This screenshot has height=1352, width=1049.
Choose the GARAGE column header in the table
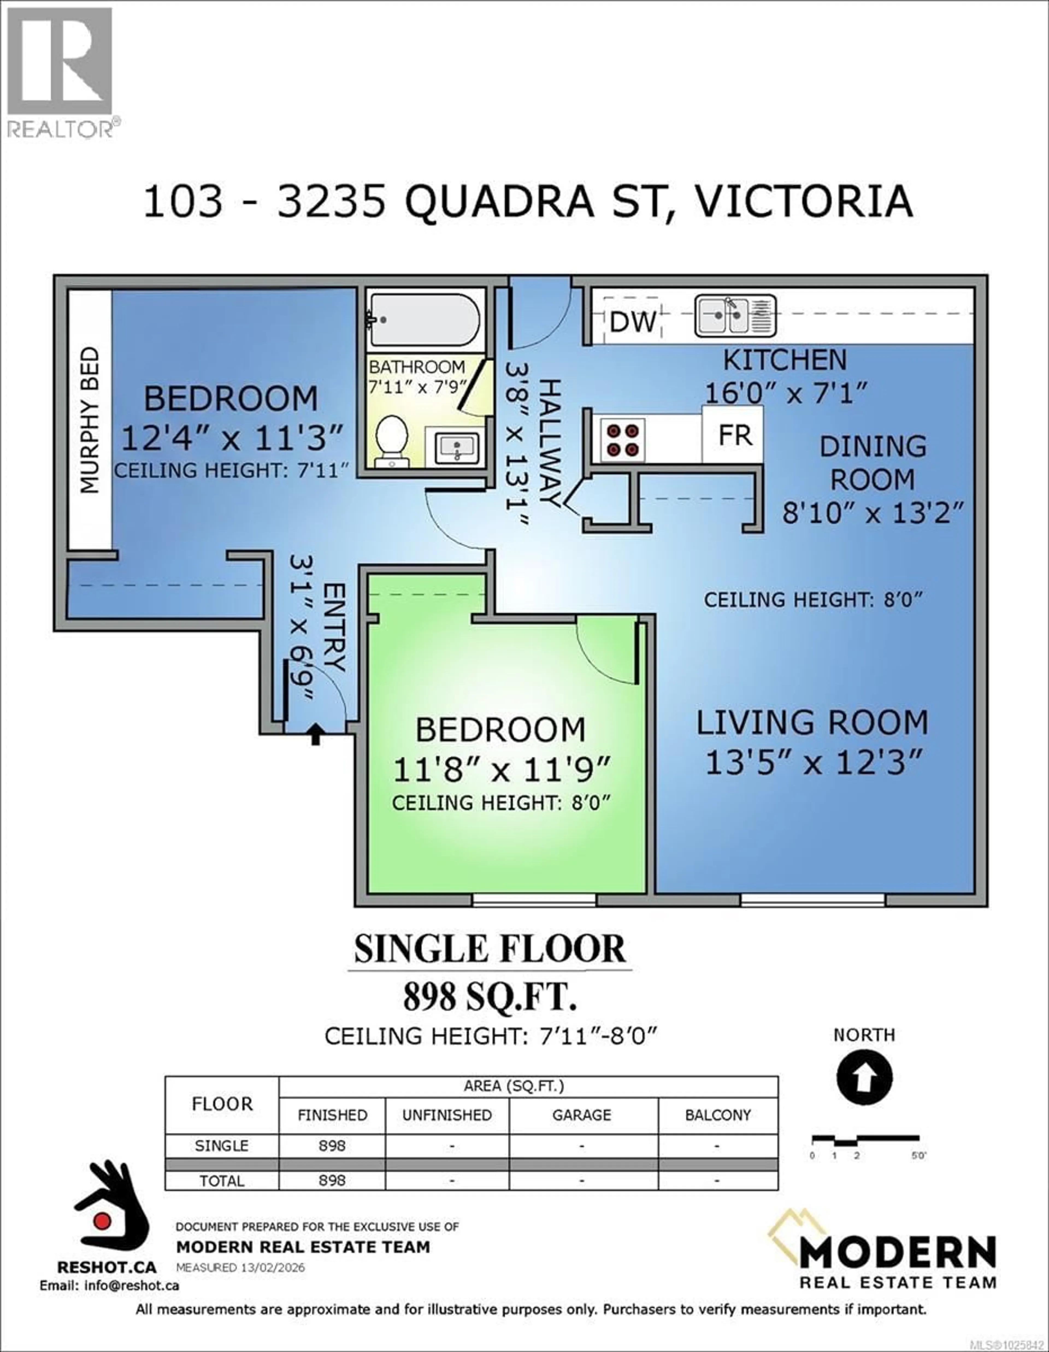582,1115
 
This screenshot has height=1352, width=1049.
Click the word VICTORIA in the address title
803,201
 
